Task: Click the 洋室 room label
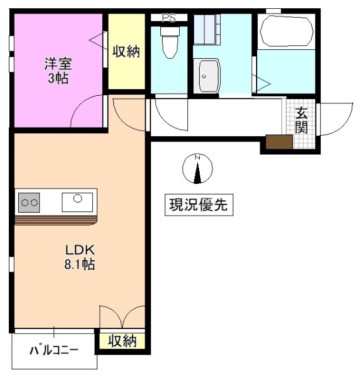pyautogui.click(x=56, y=63)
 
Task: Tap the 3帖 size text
pyautogui.click(x=56, y=78)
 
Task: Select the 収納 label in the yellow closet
pyautogui.click(x=126, y=52)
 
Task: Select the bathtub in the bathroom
pyautogui.click(x=285, y=30)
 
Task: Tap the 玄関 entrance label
pyautogui.click(x=301, y=119)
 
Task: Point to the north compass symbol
pyautogui.click(x=198, y=168)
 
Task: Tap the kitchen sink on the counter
pyautogui.click(x=77, y=201)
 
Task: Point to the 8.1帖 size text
pyautogui.click(x=79, y=264)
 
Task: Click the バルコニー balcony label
pyautogui.click(x=53, y=351)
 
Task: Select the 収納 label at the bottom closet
pyautogui.click(x=122, y=340)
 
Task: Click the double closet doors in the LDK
pyautogui.click(x=122, y=317)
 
